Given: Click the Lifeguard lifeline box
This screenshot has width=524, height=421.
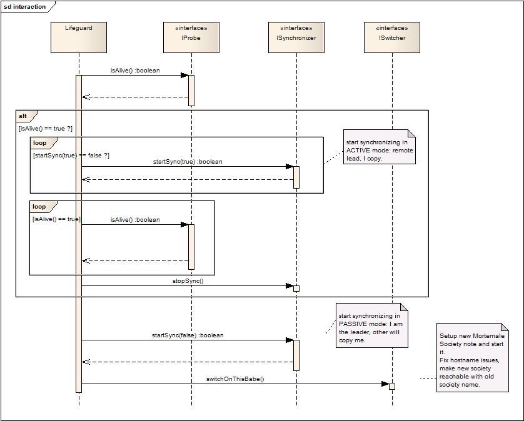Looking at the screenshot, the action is (79, 37).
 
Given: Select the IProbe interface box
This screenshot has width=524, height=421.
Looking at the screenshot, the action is (191, 37).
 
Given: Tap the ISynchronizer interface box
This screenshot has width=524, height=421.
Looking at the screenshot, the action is (296, 37).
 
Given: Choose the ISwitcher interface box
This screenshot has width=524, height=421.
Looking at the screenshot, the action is (392, 37).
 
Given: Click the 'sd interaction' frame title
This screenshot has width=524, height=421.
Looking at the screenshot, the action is (25, 7).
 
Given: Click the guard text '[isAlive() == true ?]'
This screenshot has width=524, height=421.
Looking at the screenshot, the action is (46, 129).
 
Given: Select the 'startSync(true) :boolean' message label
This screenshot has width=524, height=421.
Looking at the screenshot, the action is (188, 162).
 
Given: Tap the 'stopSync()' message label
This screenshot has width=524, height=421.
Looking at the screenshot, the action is (188, 281).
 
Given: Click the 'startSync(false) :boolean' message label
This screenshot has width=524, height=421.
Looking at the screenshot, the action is (188, 335).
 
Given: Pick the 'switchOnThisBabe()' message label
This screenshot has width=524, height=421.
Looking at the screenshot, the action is (235, 379).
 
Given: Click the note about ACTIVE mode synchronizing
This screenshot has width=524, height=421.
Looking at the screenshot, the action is (380, 147).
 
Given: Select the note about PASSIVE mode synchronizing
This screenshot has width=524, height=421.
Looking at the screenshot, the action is (372, 325).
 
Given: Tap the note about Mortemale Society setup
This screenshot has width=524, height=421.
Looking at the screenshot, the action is (473, 357).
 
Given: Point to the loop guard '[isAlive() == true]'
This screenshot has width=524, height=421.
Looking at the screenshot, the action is (56, 219).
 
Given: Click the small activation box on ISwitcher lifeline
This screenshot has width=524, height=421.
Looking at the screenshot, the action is (392, 387).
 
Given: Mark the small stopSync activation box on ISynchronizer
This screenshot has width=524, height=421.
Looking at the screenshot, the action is (296, 289).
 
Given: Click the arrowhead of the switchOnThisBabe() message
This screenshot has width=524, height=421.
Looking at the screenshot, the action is (385, 384).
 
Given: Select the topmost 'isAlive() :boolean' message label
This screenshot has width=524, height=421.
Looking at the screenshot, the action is (135, 71).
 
